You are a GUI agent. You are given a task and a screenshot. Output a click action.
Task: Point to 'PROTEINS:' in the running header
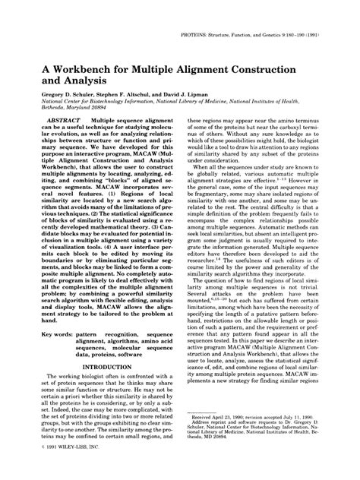[195, 36]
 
